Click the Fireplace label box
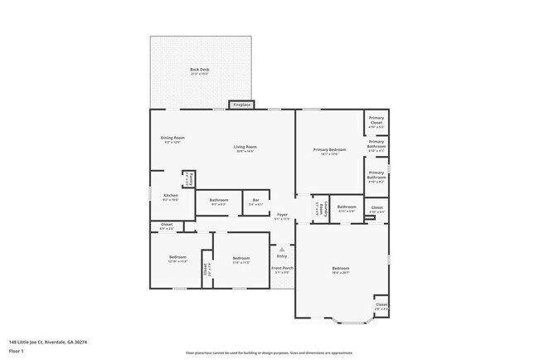(x=241, y=105)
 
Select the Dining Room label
(x=172, y=139)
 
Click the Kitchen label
(x=170, y=197)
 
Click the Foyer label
(x=283, y=216)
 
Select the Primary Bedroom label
(x=329, y=151)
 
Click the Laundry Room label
(x=317, y=208)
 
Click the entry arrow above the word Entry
(x=282, y=249)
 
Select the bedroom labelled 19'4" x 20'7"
(x=341, y=270)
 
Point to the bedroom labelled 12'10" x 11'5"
(x=177, y=259)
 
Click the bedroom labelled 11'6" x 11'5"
(x=241, y=259)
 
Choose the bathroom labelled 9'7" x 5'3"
(x=219, y=202)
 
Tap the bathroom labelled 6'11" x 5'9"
(x=346, y=208)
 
